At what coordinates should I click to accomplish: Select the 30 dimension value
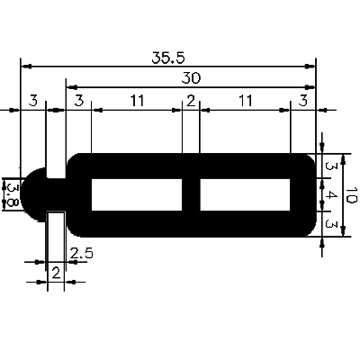tap(191, 78)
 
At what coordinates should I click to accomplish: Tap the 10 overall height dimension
tap(351, 194)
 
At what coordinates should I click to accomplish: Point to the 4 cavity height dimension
tap(331, 195)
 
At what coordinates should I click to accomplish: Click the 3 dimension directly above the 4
tap(331, 167)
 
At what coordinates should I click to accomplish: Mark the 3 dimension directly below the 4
tap(331, 224)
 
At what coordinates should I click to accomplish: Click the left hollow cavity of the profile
tap(135, 194)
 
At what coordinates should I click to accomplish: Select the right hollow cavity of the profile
tap(245, 194)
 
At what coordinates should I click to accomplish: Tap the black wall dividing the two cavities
tap(190, 194)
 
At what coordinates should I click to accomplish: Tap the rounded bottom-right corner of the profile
tap(308, 229)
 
